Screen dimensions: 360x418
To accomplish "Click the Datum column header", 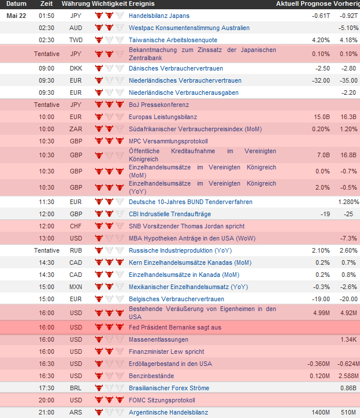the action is (16, 3).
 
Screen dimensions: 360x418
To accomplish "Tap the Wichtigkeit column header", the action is (110, 3).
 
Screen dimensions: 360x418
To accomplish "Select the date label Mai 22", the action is (16, 16).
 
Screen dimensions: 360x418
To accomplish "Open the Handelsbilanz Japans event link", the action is (159, 16).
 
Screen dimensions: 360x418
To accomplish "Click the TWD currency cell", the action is (76, 40).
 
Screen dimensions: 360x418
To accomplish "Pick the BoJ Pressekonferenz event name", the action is (159, 105).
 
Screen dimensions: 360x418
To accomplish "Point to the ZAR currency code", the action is (76, 129).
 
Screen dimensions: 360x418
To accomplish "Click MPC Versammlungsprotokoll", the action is (168, 141).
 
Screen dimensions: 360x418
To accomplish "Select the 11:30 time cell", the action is (47, 202).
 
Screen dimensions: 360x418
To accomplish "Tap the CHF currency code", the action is (76, 226).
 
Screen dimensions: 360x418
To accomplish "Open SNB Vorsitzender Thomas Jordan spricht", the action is (187, 226).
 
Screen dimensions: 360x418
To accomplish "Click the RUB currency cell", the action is (76, 250).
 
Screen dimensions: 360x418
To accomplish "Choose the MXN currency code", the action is (76, 287).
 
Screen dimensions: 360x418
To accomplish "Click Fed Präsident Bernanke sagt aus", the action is (175, 327).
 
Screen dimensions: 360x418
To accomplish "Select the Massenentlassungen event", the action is (158, 339).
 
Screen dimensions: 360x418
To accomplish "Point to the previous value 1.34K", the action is (348, 339).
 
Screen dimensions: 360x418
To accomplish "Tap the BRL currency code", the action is (76, 388).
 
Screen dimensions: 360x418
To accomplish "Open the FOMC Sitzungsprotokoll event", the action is (162, 400).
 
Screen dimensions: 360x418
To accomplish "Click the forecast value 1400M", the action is (321, 412).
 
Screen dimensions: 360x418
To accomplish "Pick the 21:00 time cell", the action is (47, 412).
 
